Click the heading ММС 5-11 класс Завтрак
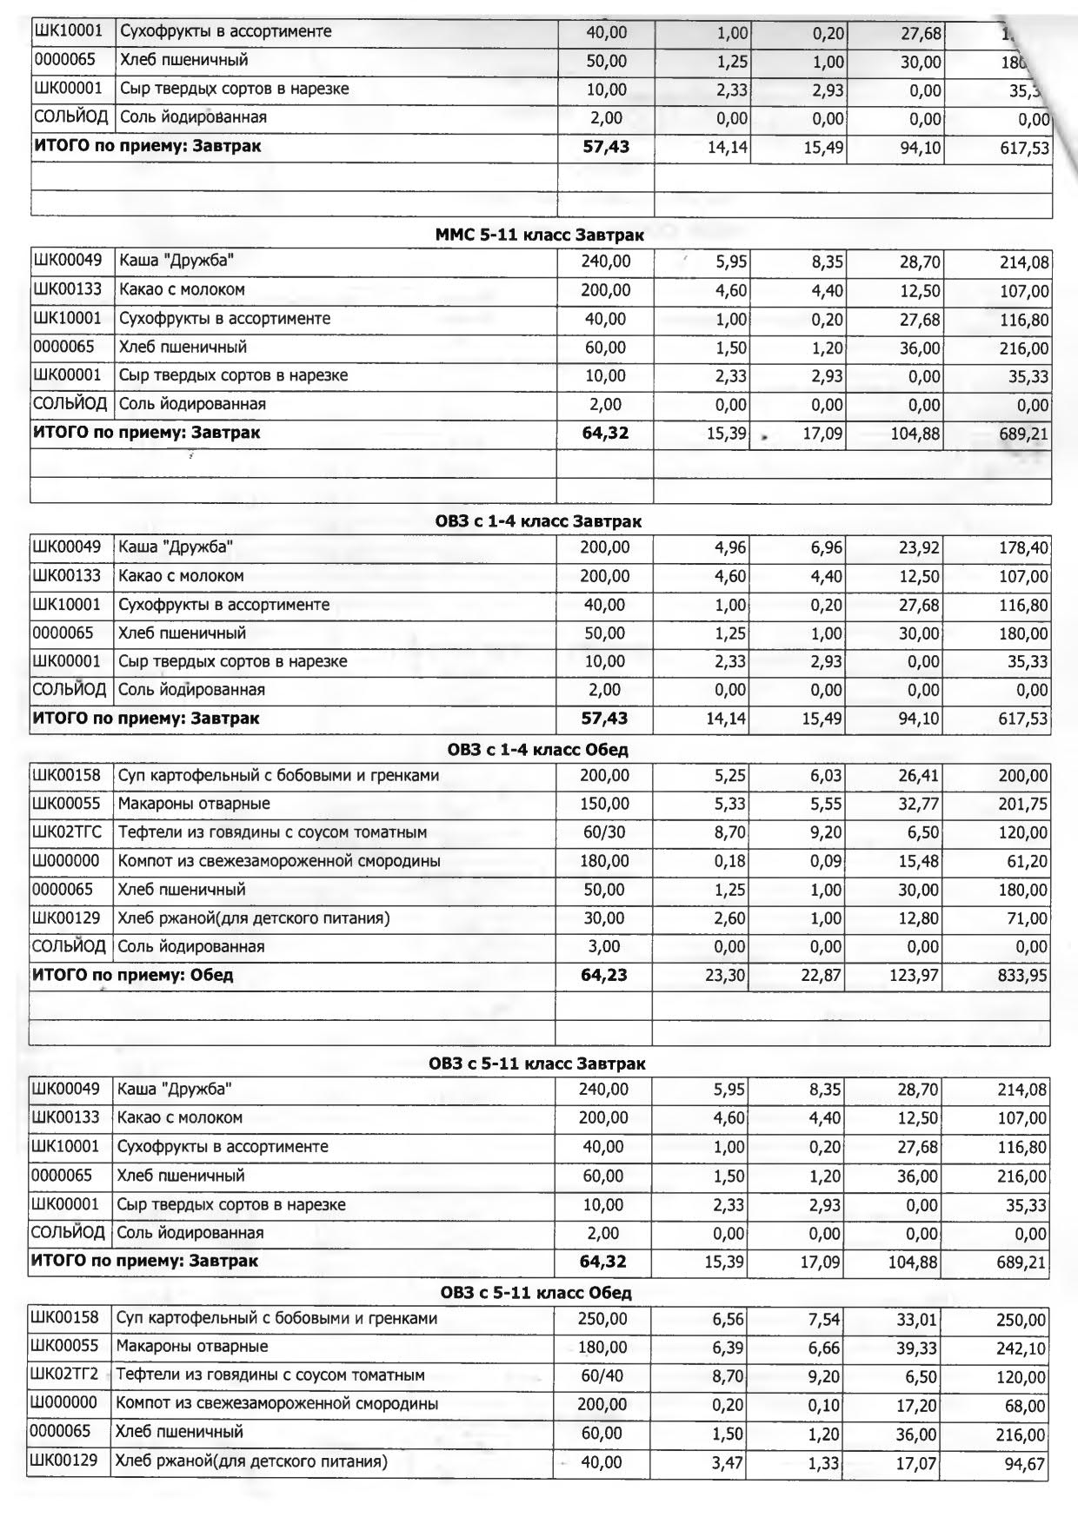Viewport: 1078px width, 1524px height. (540, 235)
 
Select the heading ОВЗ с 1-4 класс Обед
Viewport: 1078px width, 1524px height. (538, 749)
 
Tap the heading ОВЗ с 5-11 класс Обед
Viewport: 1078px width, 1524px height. (536, 1292)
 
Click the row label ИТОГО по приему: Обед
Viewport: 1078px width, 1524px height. (133, 975)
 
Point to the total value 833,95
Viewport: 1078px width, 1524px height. (1022, 976)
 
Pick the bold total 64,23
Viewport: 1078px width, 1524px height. (603, 975)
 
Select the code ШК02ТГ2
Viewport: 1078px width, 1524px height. (65, 1375)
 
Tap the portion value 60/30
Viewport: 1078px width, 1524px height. (603, 832)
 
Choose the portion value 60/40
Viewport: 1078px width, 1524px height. (602, 1375)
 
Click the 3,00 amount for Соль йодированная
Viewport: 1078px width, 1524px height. (603, 946)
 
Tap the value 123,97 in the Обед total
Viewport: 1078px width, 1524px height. (913, 976)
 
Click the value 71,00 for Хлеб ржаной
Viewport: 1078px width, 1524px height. (1026, 918)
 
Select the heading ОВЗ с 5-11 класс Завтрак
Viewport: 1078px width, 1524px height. (537, 1063)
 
